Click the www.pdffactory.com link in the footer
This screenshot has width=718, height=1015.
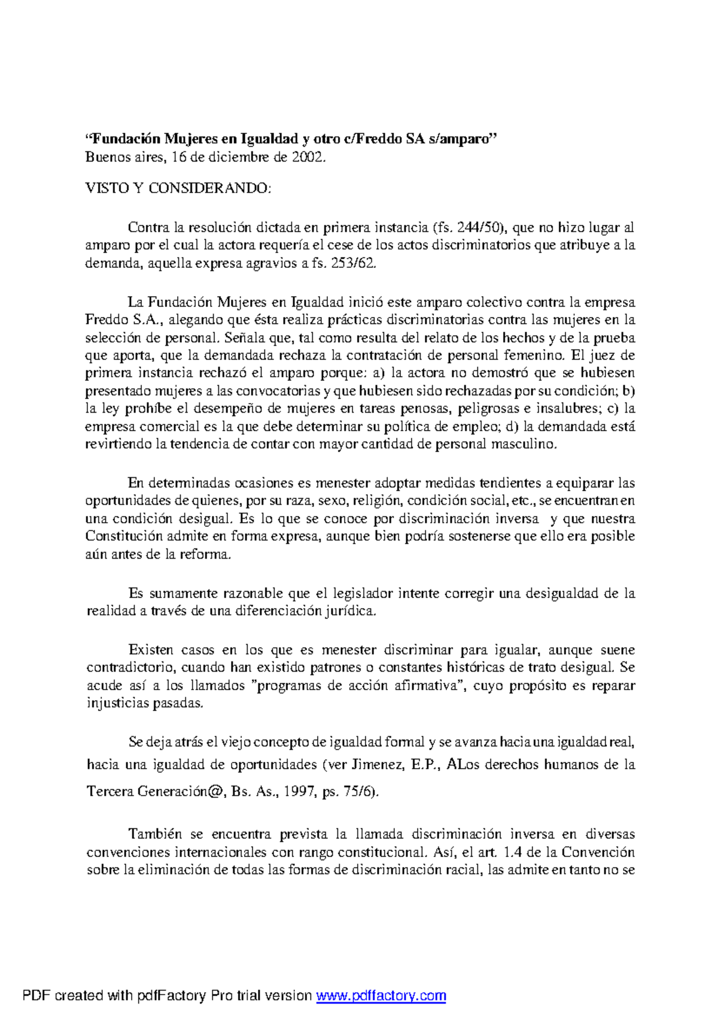(x=381, y=996)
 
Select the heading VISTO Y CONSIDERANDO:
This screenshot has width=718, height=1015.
(x=178, y=188)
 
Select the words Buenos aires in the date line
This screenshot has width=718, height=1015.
(x=124, y=157)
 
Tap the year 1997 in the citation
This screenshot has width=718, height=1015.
(x=299, y=791)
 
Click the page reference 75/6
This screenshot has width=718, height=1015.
(x=360, y=791)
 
